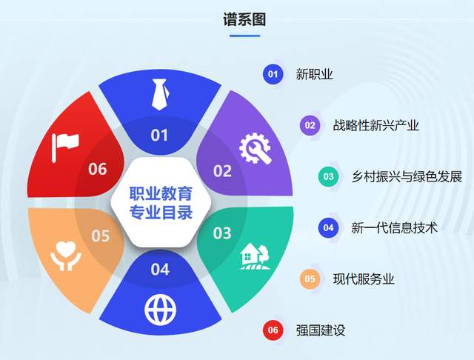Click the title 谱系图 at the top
244,20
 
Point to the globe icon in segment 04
160,307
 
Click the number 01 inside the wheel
160,136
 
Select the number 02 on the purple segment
222,171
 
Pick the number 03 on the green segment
222,234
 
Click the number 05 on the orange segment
100,236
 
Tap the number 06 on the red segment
98,170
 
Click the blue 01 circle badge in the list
273,74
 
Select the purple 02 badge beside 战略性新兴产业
310,125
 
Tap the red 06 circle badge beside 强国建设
273,330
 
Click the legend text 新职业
314,74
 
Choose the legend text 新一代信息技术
394,227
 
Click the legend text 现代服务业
364,279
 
